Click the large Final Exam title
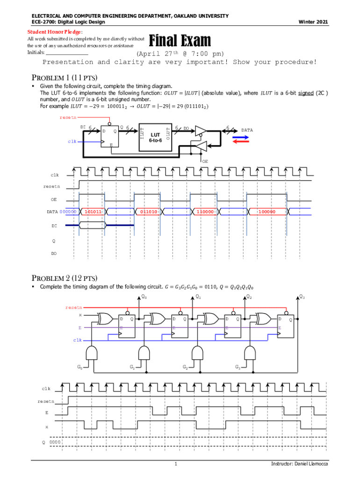[180, 41]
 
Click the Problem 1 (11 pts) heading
[64, 78]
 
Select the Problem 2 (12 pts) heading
[64, 277]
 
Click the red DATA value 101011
[94, 211]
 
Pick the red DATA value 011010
[149, 211]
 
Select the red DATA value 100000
[266, 211]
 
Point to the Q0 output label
[144, 297]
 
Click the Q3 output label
[302, 297]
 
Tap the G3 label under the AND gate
[238, 367]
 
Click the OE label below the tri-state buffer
[205, 161]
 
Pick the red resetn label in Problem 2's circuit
[74, 307]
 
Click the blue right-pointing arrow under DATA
[240, 138]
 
